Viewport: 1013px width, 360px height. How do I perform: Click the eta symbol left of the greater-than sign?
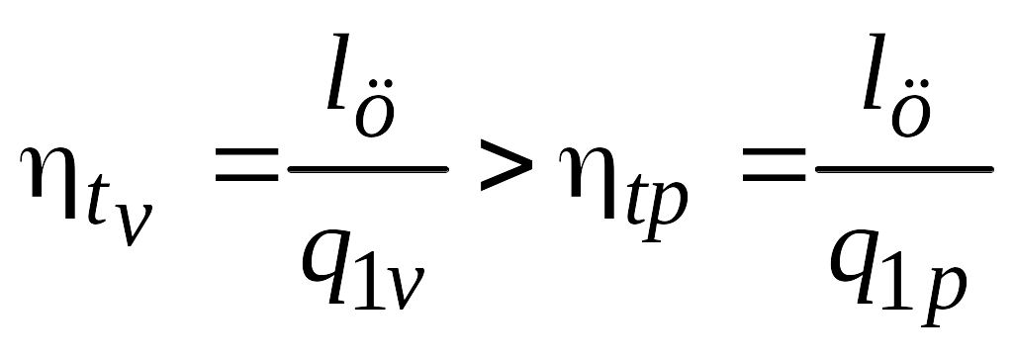50,180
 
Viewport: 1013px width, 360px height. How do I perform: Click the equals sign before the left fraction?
246,165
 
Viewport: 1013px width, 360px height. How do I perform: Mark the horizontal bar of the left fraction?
368,169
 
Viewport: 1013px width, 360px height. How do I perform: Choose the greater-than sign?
506,166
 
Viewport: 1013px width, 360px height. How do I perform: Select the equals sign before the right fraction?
774,165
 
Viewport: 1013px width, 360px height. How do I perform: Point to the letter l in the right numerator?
879,72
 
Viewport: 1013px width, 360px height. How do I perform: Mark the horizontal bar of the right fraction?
904,169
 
